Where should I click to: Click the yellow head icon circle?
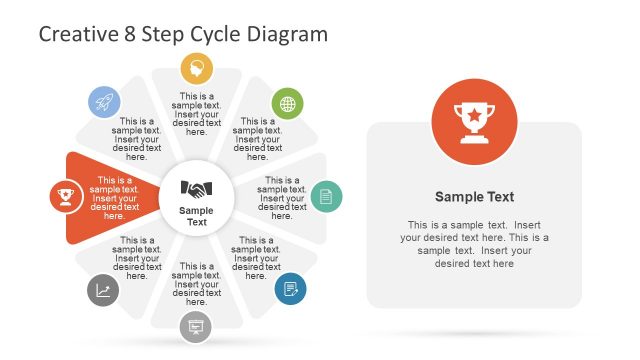coord(197,69)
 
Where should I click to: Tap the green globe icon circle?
coord(287,103)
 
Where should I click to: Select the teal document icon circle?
coord(325,196)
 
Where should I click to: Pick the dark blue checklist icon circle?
coord(290,288)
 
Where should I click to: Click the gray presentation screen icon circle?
coord(195,326)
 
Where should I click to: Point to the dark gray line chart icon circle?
coord(103,290)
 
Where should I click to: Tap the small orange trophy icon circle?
coord(66,196)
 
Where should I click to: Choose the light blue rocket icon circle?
coord(105,101)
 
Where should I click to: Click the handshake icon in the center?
coord(196,188)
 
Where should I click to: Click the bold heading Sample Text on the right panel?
coord(474,197)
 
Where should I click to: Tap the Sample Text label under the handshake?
coord(196,215)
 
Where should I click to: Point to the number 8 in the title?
coord(129,34)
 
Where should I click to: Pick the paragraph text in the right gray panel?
coord(474,244)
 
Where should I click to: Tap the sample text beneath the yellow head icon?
coord(197,114)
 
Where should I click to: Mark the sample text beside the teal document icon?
coord(282,198)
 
